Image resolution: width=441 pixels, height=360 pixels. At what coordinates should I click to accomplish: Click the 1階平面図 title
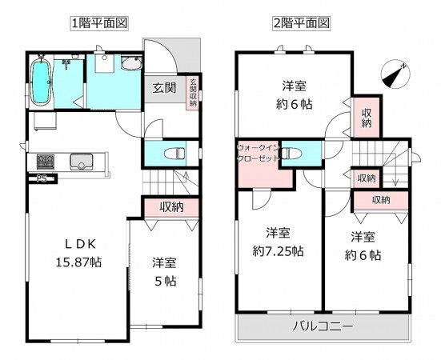pyautogui.click(x=99, y=23)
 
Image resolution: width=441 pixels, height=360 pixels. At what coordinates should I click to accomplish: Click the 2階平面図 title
pyautogui.click(x=302, y=23)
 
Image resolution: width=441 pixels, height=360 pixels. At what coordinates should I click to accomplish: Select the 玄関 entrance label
pyautogui.click(x=164, y=87)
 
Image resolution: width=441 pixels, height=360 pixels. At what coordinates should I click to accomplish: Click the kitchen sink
pyautogui.click(x=80, y=162)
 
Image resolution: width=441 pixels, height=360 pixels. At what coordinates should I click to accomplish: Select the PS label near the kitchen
pyautogui.click(x=40, y=179)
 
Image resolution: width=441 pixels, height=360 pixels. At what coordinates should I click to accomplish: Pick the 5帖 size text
pyautogui.click(x=165, y=282)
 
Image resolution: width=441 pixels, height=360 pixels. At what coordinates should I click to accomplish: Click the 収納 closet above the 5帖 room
pyautogui.click(x=170, y=206)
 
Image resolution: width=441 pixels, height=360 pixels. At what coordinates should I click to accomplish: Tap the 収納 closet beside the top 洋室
pyautogui.click(x=366, y=118)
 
